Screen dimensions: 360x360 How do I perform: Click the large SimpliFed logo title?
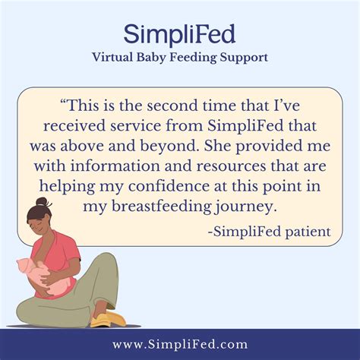click(x=179, y=34)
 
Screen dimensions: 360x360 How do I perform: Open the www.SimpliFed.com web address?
click(x=179, y=344)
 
